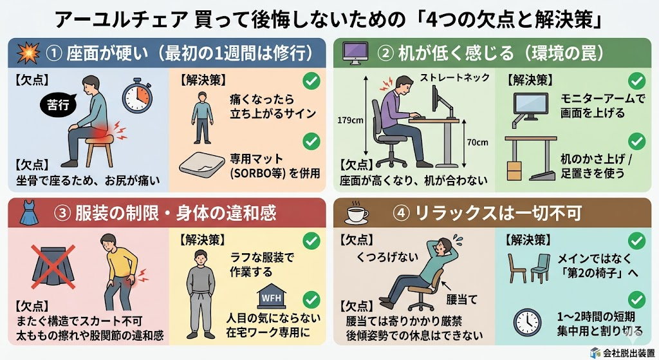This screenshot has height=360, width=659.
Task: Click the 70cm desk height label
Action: pyautogui.click(x=476, y=142)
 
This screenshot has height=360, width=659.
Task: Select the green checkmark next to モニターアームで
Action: pyautogui.click(x=636, y=81)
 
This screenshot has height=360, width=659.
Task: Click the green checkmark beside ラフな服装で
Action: pyautogui.click(x=311, y=240)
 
